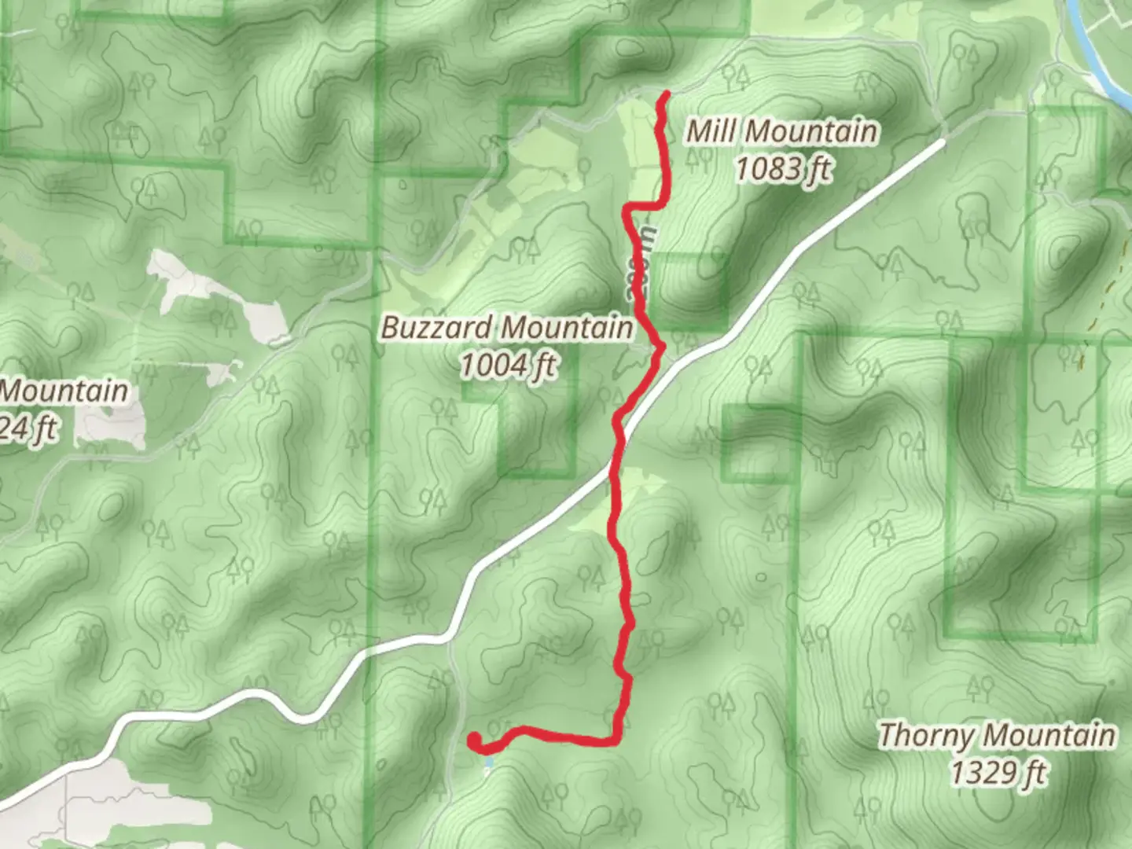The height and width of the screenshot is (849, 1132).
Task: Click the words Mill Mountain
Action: pos(782,131)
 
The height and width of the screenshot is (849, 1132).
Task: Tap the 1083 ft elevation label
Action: pos(783,168)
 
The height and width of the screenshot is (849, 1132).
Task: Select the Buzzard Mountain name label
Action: pos(507,327)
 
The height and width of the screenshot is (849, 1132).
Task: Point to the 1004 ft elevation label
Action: pos(509,365)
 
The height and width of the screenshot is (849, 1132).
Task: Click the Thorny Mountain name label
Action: pos(997,736)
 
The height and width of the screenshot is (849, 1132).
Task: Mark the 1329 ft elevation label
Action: pos(998,773)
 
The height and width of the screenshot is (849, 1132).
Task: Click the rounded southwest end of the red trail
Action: pos(475,740)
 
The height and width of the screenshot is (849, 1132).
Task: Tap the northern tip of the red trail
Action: pos(667,94)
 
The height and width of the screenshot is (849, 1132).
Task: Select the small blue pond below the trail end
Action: pos(488,763)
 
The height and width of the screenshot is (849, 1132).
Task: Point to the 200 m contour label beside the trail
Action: pos(643,263)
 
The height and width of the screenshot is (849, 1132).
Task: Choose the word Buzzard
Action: pos(437,327)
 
